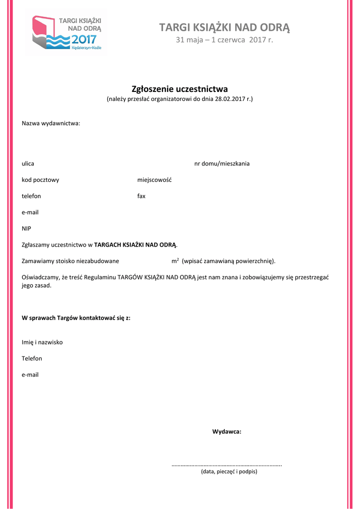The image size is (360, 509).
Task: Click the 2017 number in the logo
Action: [85, 39]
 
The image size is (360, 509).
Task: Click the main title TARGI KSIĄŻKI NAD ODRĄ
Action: [225, 27]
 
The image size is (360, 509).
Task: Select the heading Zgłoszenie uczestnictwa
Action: [180, 89]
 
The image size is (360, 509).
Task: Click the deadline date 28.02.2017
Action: [230, 99]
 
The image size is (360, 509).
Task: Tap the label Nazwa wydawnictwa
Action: [51, 123]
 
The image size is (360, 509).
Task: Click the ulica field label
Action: [28, 164]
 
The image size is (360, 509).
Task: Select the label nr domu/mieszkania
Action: [222, 164]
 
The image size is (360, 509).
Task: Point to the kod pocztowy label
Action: [40, 180]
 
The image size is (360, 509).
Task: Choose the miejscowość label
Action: [154, 180]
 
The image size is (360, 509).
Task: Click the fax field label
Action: [141, 196]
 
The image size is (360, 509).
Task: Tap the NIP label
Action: [26, 229]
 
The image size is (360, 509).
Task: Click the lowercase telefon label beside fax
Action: [31, 196]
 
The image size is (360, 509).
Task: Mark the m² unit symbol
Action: [175, 260]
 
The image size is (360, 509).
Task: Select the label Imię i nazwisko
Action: [42, 342]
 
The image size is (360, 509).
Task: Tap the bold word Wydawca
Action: [227, 431]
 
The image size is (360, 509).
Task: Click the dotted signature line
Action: [227, 465]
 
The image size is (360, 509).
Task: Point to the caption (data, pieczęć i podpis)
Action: [229, 471]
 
